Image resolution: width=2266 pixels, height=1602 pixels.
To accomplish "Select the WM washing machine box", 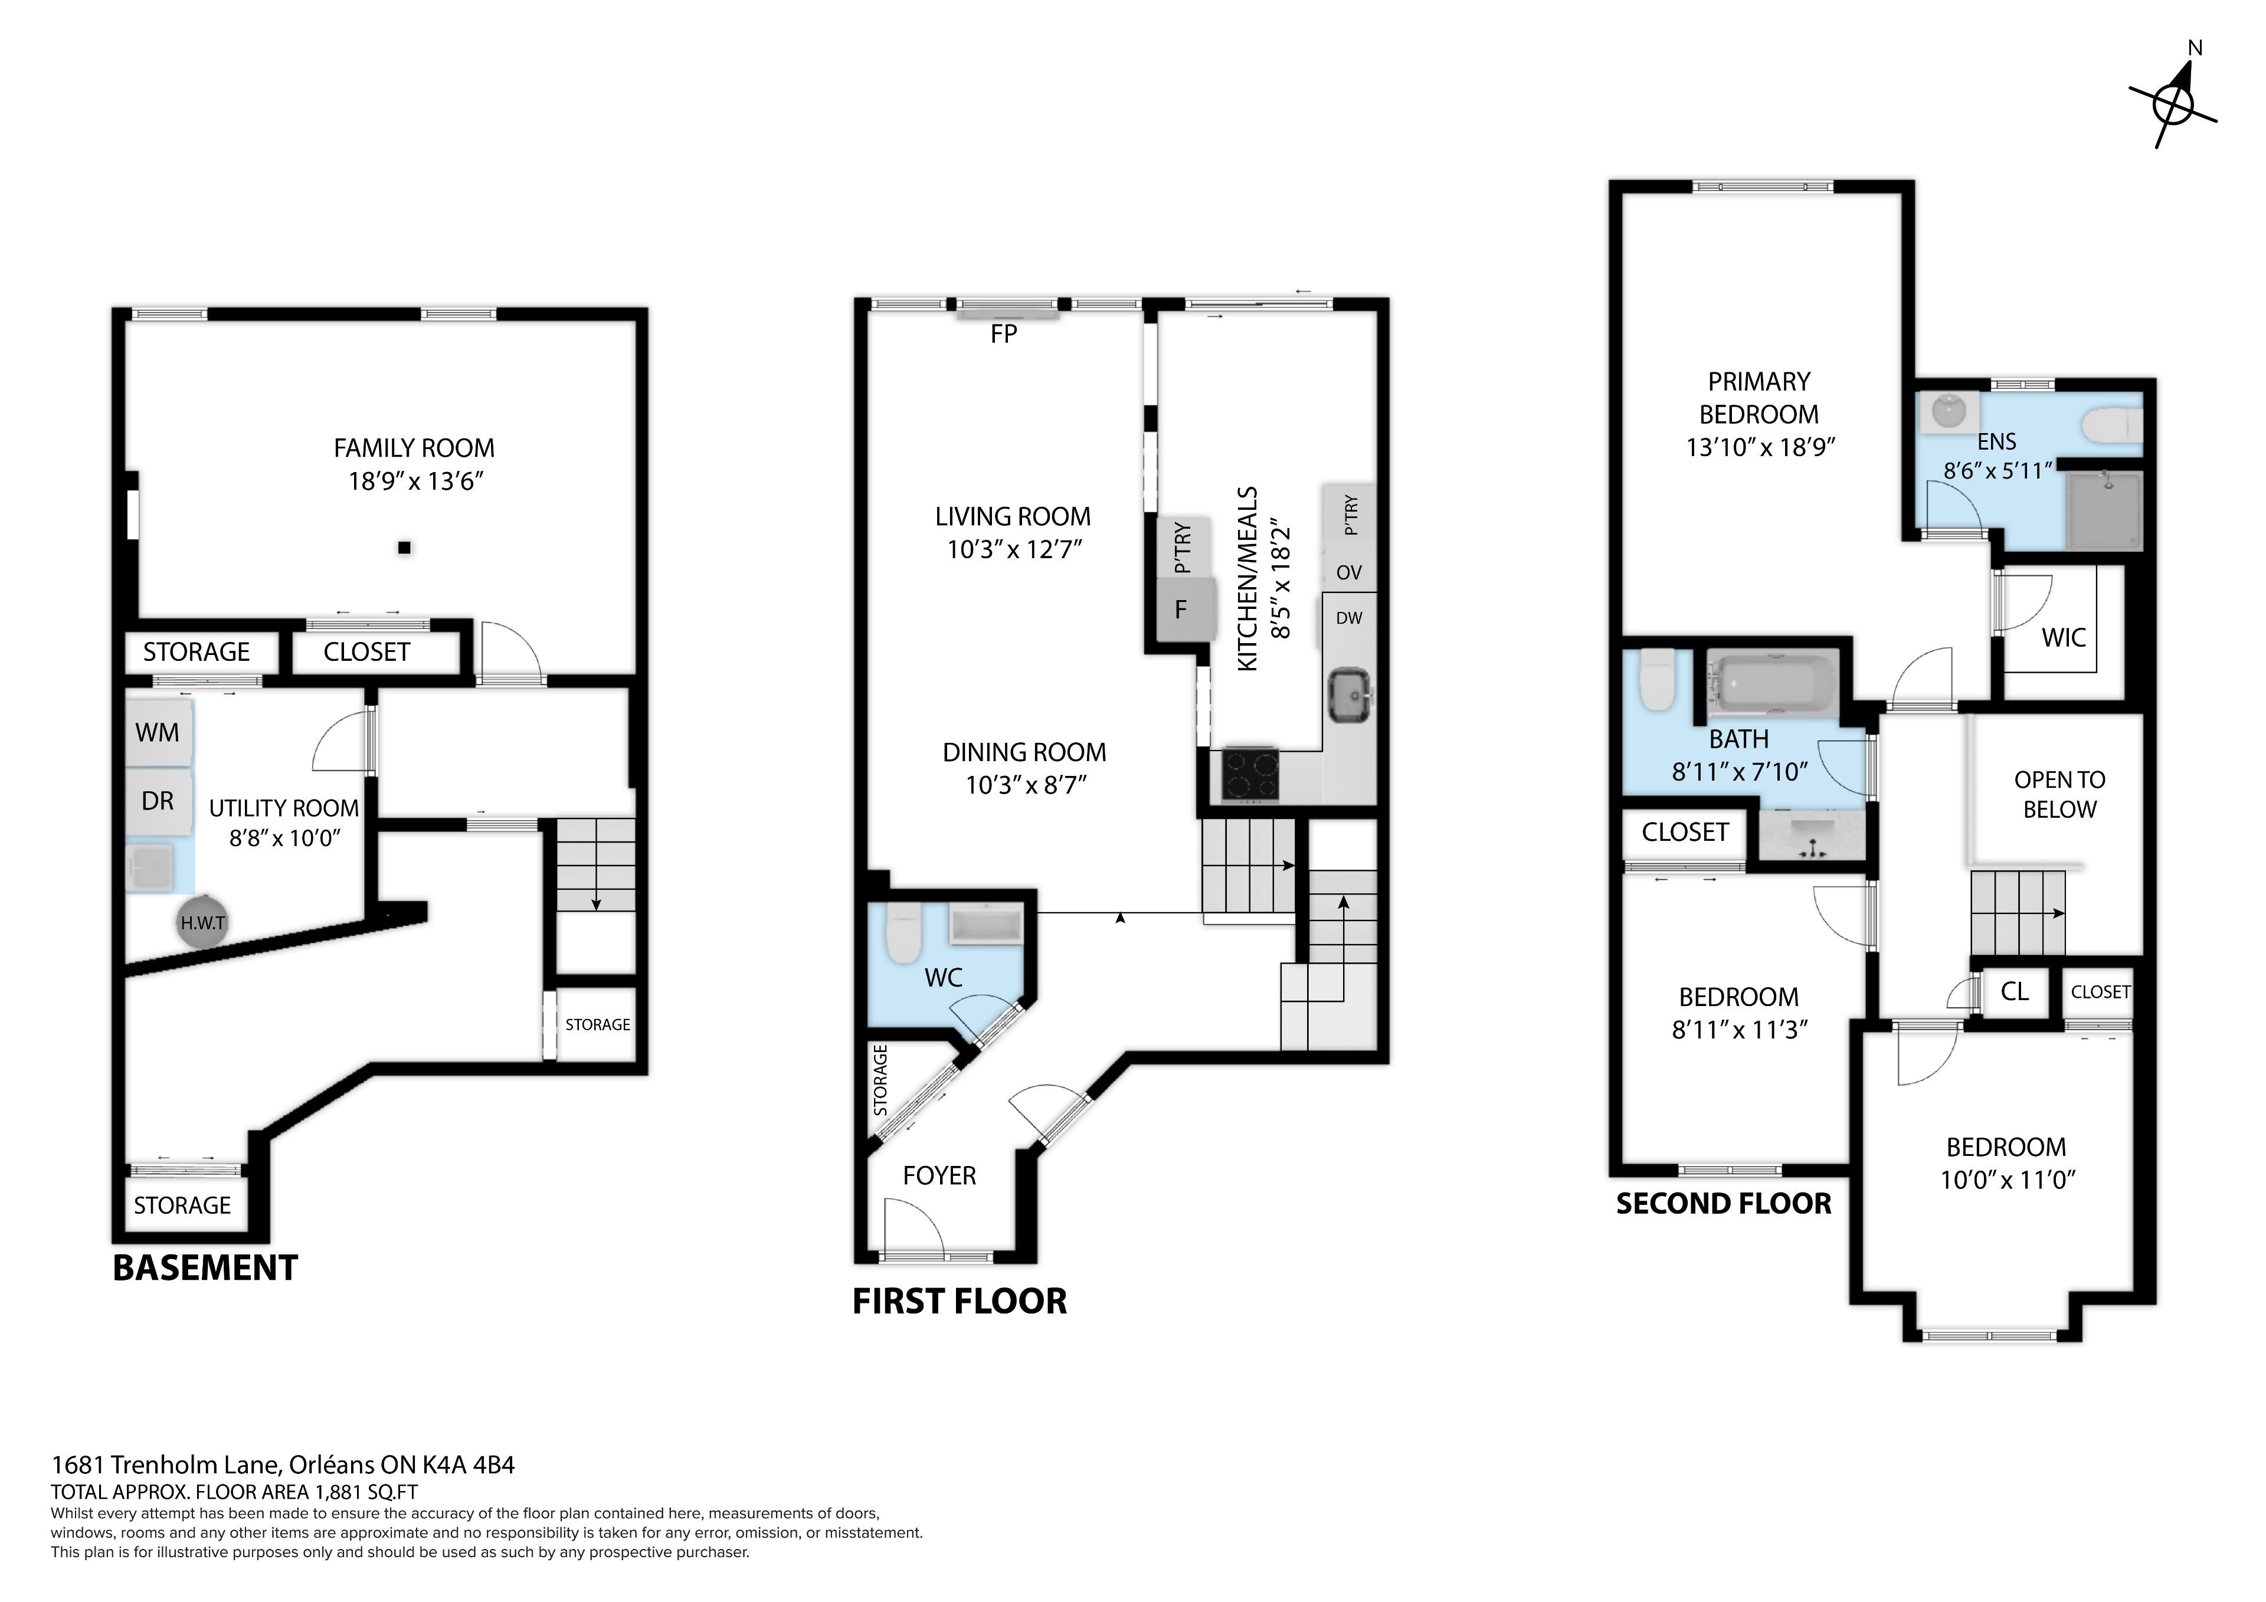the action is (x=158, y=732).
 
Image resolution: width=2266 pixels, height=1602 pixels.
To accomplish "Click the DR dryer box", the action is (x=158, y=801).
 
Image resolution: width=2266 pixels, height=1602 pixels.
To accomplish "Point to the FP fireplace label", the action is (x=1004, y=333).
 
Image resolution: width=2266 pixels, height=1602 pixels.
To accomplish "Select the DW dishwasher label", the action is (x=1349, y=618).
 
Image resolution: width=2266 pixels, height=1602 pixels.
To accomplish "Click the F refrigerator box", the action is (x=1181, y=609).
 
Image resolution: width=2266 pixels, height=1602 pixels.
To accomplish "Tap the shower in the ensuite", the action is (x=2104, y=509).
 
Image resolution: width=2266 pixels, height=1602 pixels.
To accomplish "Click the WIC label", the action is (x=2064, y=638).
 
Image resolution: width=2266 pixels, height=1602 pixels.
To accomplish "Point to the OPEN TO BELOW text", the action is (x=2059, y=795).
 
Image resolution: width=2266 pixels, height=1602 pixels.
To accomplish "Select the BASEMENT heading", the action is (x=205, y=1269).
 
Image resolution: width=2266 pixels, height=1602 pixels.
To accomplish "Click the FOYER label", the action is (x=939, y=1175).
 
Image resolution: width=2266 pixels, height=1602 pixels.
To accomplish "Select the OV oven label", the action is (x=1349, y=572).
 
